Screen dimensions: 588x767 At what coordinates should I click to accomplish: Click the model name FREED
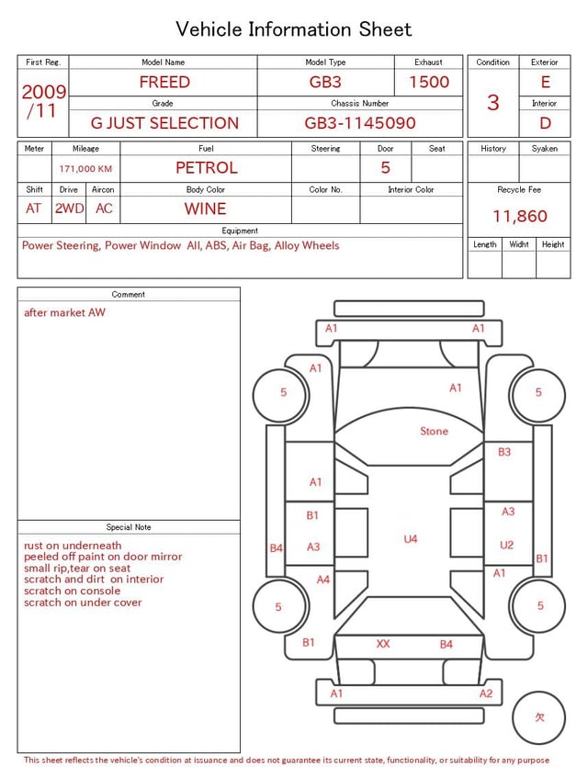pos(164,82)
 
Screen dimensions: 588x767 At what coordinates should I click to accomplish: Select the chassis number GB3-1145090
pos(360,123)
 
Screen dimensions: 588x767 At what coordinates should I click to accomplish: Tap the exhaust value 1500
pos(429,82)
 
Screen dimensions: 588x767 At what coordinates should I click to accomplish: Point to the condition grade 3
pos(493,103)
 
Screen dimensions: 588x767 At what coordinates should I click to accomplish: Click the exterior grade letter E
pos(546,82)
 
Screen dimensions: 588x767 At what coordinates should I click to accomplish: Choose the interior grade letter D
pos(546,123)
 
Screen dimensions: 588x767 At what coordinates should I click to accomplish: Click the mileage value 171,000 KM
pos(85,169)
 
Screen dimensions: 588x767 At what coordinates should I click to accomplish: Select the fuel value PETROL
pos(207,168)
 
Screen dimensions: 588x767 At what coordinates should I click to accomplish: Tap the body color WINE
pos(206,209)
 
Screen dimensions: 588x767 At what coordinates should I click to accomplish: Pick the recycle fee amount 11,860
pos(519,216)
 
